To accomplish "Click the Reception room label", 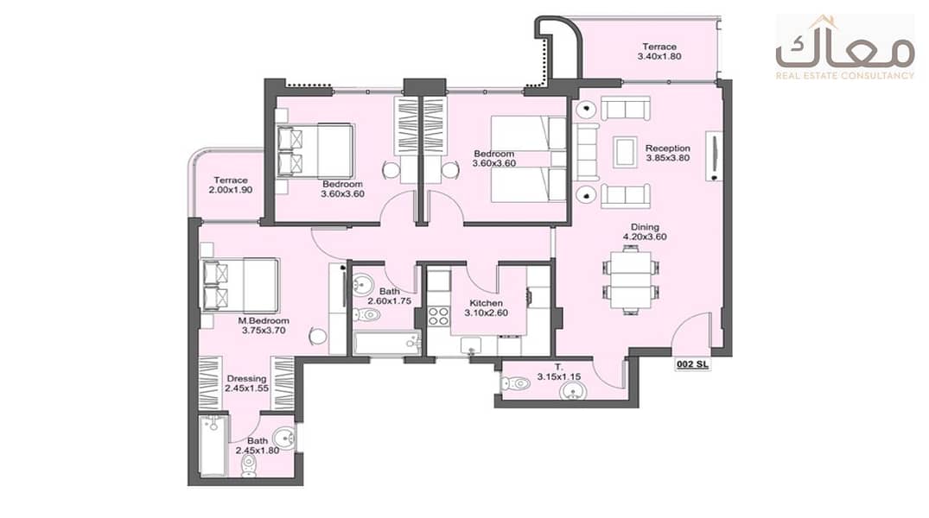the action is pyautogui.click(x=668, y=148).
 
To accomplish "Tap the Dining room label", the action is pyautogui.click(x=645, y=227).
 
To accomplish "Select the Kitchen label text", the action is pyautogui.click(x=486, y=303).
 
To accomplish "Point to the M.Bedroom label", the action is pyautogui.click(x=264, y=321).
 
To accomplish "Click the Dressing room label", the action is pyautogui.click(x=246, y=378).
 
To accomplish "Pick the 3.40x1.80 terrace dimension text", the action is pyautogui.click(x=659, y=56).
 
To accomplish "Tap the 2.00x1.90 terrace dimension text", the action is pyautogui.click(x=231, y=190).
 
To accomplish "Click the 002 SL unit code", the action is pyautogui.click(x=692, y=364).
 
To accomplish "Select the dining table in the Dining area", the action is pyautogui.click(x=632, y=280).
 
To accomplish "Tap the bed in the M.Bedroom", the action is pyautogui.click(x=241, y=285).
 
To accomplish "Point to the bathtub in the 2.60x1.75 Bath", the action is pyautogui.click(x=387, y=344).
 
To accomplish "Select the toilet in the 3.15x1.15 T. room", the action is pyautogui.click(x=514, y=383).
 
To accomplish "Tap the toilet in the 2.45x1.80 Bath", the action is pyautogui.click(x=250, y=464).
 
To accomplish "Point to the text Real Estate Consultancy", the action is pyautogui.click(x=845, y=76).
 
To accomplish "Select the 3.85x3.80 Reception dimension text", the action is pyautogui.click(x=668, y=158).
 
